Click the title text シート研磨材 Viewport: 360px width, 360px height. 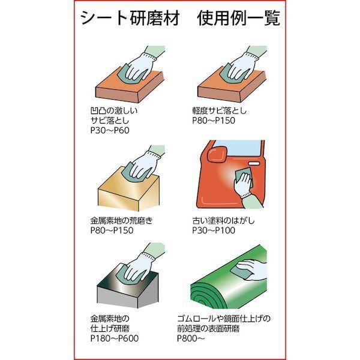[130, 18]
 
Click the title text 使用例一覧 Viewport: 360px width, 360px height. [239, 18]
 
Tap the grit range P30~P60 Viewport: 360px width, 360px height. [110, 130]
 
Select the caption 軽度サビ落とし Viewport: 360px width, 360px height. [219, 110]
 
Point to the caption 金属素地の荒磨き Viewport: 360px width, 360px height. [121, 220]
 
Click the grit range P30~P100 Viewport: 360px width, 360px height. [214, 230]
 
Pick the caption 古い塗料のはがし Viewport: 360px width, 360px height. [223, 220]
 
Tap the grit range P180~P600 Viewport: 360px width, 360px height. [115, 338]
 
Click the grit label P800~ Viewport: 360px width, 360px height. [191, 338]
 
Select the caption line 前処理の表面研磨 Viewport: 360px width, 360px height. [208, 328]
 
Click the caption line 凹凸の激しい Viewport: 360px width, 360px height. [114, 110]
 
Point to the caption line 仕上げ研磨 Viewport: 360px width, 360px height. [110, 328]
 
